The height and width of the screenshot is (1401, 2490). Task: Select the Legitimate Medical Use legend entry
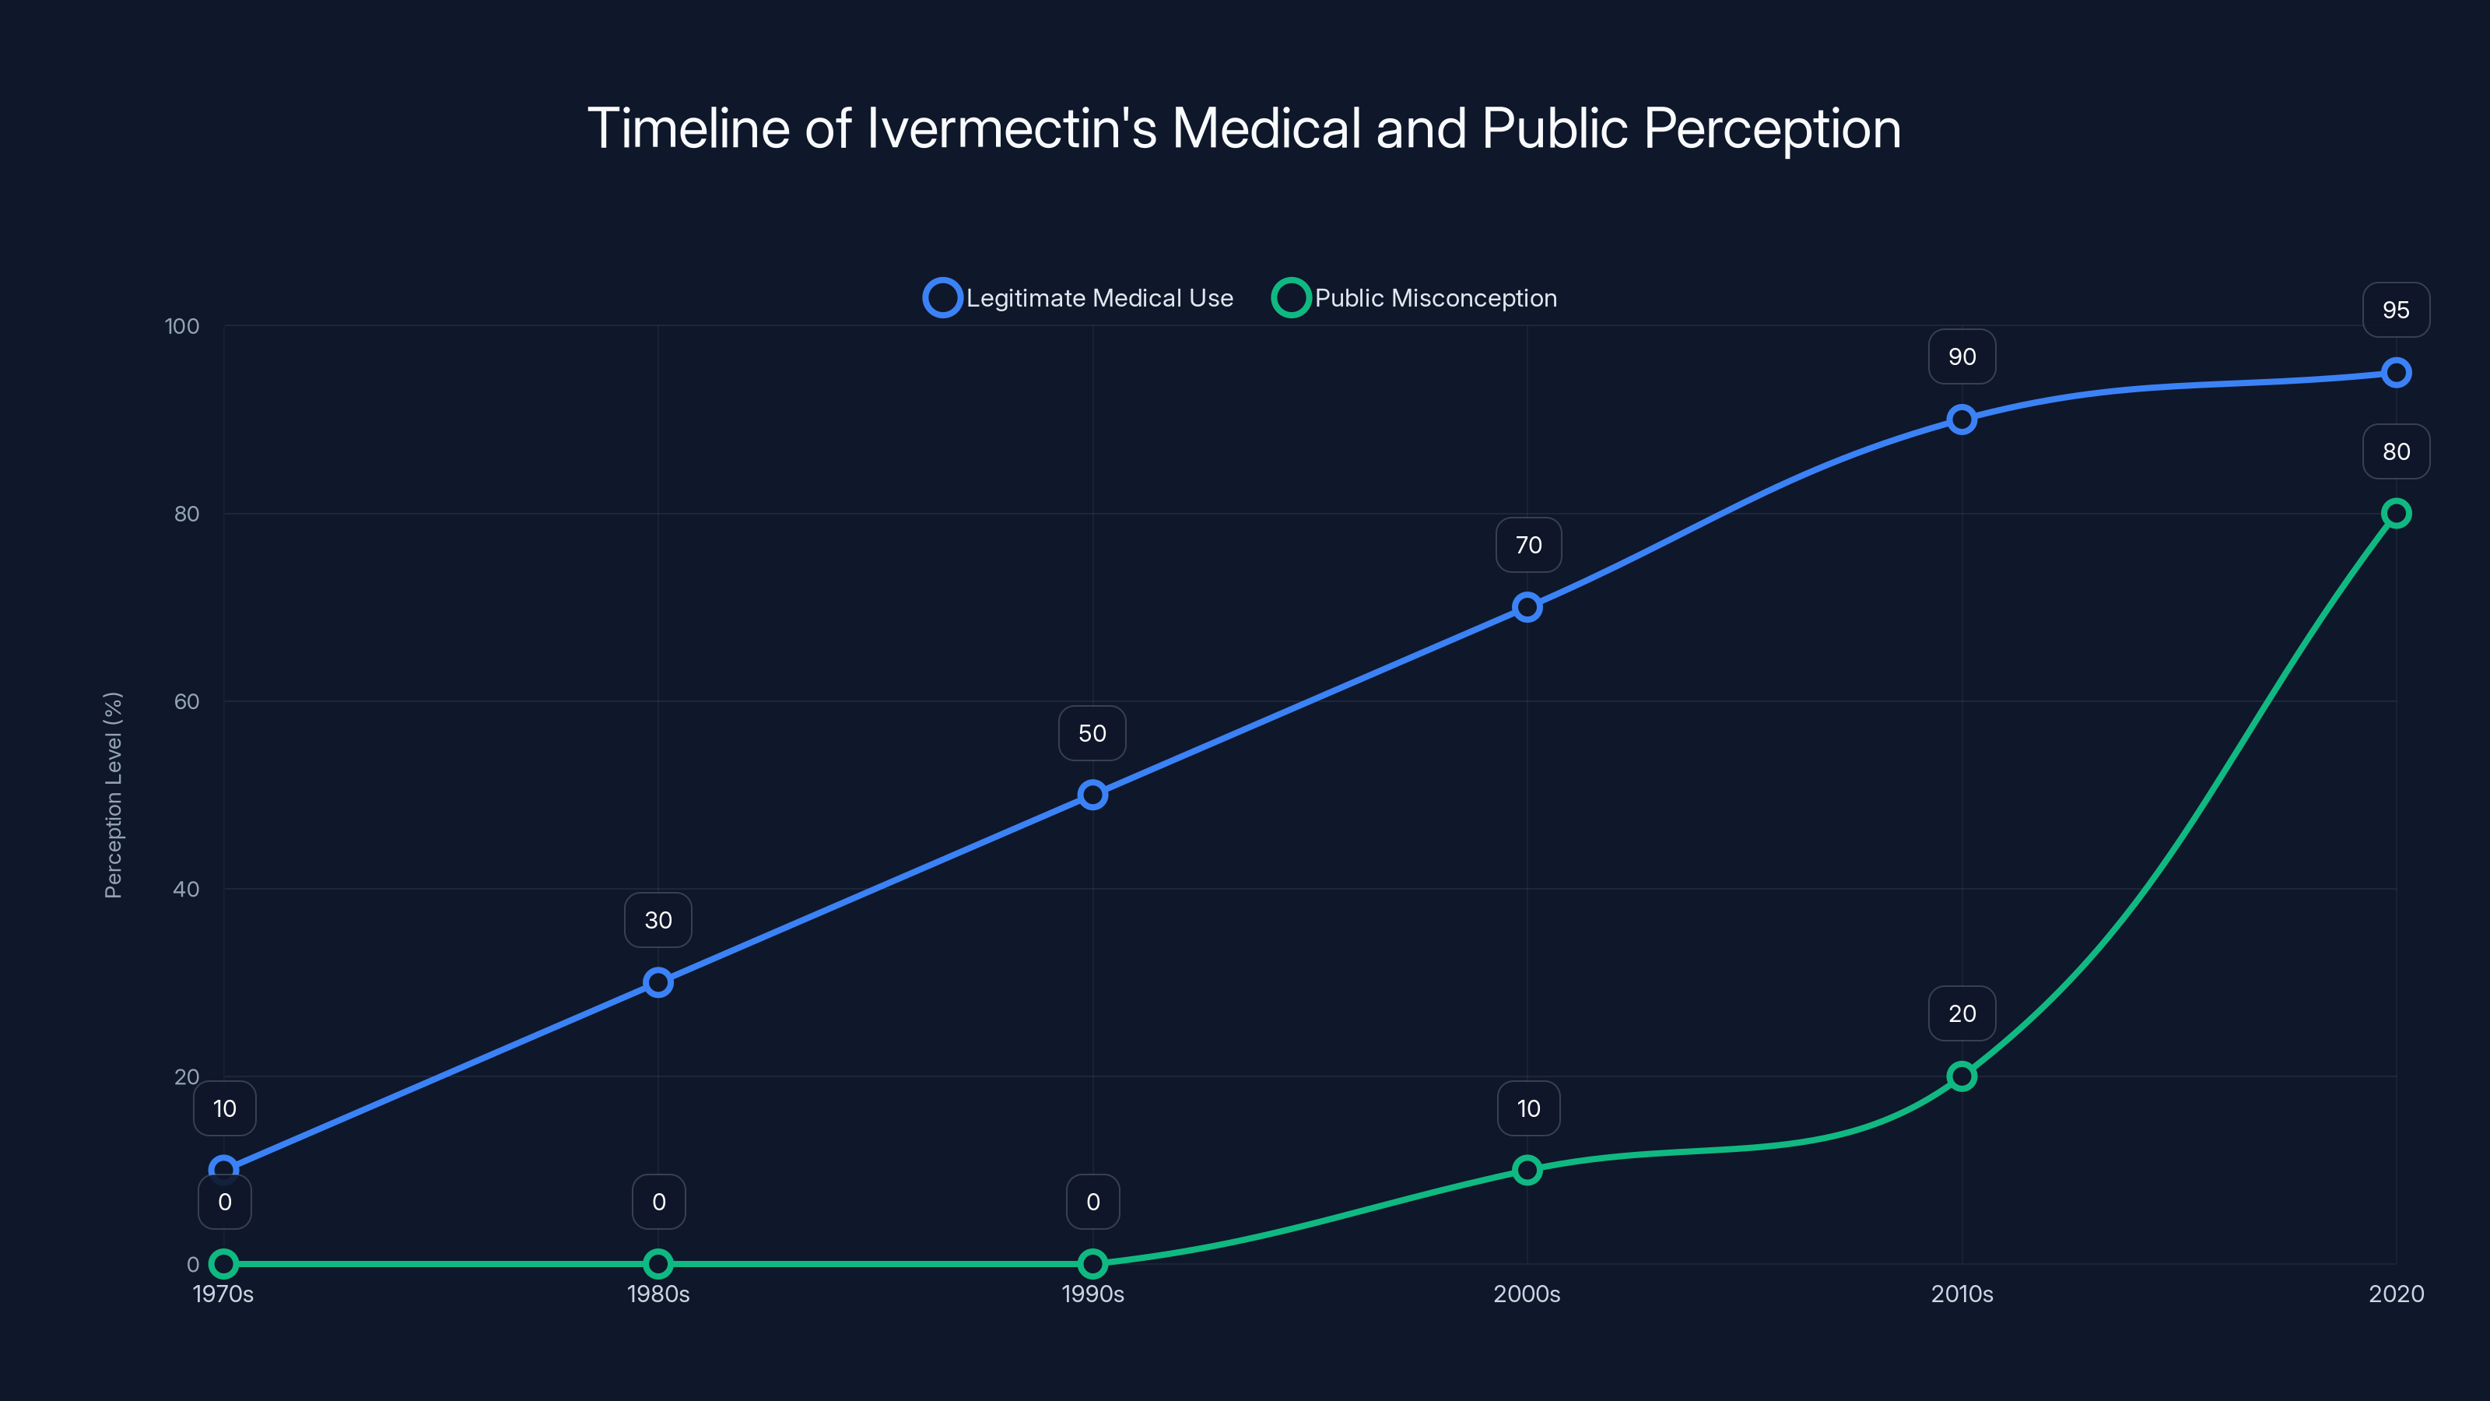[1078, 298]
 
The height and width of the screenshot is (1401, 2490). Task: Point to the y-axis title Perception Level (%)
[113, 795]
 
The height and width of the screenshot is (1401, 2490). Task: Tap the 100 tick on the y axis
[182, 326]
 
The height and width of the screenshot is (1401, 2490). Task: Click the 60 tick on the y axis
[187, 701]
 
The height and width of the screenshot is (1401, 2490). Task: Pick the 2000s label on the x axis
[1526, 1294]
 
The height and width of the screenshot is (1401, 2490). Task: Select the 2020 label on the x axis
[2395, 1294]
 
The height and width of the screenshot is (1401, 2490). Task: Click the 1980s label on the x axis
[658, 1294]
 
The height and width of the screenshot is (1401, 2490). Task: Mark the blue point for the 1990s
[1092, 795]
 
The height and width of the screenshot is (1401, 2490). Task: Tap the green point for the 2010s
[1961, 1076]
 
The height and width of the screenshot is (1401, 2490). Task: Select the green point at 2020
[2395, 514]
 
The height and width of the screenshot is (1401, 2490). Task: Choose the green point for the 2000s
[1526, 1170]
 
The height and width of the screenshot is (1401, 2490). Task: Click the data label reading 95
[2395, 311]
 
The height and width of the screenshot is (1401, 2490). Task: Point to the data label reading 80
[2395, 451]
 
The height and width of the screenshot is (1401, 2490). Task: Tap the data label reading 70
[1528, 546]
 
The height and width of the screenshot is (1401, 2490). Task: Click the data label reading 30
[658, 921]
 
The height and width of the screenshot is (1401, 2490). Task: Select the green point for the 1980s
[658, 1264]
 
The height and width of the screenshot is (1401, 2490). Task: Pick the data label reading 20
[1961, 1013]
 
